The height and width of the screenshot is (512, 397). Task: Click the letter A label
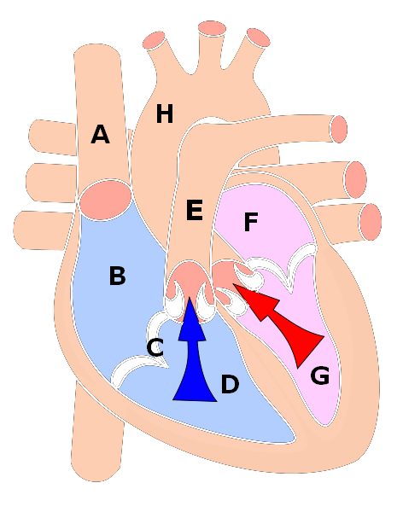tap(100, 134)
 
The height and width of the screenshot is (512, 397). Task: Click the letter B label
tap(117, 276)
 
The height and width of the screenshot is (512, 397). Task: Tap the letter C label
tap(155, 347)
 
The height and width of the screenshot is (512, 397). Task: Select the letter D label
tap(230, 384)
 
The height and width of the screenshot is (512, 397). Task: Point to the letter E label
tap(195, 210)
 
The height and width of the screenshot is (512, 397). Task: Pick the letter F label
tap(251, 222)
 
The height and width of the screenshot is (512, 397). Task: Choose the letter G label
tap(319, 375)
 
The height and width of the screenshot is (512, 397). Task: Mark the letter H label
tap(165, 113)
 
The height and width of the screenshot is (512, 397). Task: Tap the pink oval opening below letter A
tap(105, 200)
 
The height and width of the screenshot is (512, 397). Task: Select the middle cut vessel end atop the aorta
tap(212, 28)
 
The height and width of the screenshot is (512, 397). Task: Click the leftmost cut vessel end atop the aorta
tap(154, 40)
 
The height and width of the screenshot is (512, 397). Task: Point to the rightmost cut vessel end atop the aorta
tap(259, 38)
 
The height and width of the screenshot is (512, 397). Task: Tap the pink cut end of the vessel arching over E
tap(338, 129)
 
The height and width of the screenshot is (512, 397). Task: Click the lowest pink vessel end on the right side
tap(371, 222)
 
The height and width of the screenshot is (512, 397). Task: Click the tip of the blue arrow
tap(190, 298)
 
